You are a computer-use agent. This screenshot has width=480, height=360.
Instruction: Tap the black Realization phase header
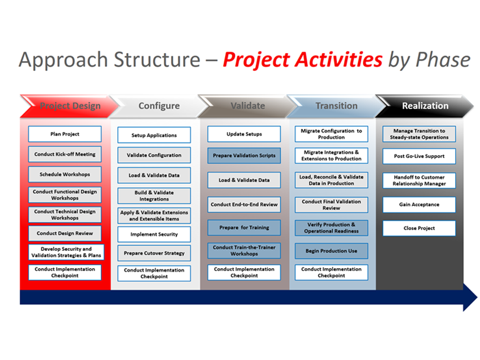tap(425, 106)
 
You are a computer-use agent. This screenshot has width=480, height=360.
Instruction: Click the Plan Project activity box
tap(65, 134)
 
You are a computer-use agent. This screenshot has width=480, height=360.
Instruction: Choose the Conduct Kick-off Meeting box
tap(65, 154)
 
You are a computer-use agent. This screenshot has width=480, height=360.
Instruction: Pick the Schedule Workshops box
tap(65, 174)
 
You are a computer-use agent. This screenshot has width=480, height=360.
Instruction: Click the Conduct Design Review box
tap(65, 233)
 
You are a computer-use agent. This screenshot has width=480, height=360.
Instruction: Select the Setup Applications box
tap(154, 135)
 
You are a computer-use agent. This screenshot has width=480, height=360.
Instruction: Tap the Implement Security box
tap(154, 234)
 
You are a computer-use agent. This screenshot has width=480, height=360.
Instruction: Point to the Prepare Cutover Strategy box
tap(154, 253)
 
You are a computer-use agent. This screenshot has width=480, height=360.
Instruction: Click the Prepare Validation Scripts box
tap(244, 156)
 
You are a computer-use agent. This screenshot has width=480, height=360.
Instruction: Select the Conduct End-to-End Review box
tap(244, 204)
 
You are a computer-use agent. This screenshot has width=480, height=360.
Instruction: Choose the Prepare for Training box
tap(244, 228)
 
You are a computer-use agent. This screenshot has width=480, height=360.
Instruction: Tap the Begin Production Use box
tap(331, 251)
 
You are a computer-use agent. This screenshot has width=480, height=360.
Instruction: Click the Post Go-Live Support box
tap(419, 156)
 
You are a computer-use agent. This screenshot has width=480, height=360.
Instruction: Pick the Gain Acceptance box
tap(419, 204)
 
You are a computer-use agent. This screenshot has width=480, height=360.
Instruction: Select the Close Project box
tap(419, 228)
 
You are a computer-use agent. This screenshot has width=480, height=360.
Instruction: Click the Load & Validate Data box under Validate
tap(244, 180)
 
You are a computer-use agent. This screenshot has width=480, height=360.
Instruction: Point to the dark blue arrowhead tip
tap(477, 297)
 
